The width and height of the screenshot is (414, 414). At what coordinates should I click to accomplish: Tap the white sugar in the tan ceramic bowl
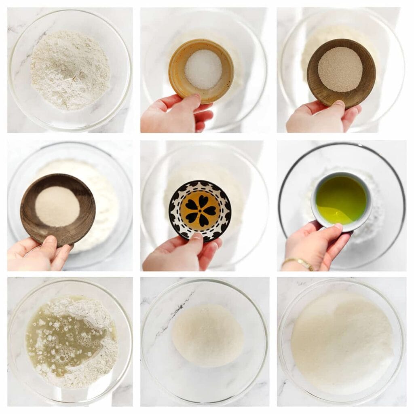[x=203, y=69]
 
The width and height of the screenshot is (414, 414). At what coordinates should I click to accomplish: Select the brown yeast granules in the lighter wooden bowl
[x=340, y=69]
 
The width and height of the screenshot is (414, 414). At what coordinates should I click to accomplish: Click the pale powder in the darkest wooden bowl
[x=57, y=206]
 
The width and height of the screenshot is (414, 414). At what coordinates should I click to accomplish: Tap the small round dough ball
[x=207, y=335]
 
